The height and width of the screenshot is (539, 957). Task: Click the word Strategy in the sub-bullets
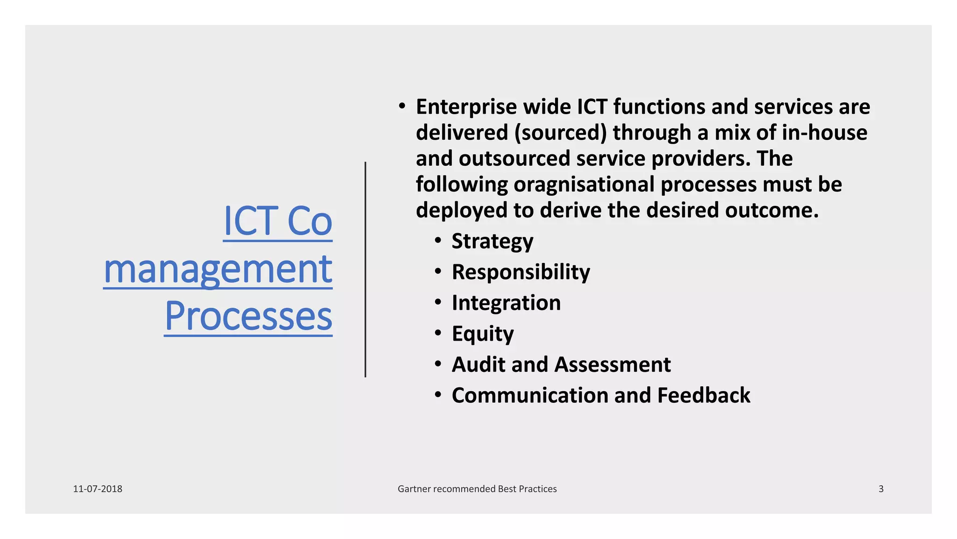point(492,241)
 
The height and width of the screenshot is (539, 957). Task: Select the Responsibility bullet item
point(521,272)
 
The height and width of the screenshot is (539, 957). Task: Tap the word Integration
point(506,303)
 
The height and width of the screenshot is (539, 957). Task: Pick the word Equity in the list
point(483,334)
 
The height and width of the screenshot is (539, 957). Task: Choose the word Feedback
point(703,395)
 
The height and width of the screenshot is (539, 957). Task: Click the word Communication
point(529,395)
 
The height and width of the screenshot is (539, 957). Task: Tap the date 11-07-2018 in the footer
point(98,489)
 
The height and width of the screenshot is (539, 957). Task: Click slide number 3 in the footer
point(881,489)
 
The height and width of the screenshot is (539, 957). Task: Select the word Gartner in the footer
point(414,489)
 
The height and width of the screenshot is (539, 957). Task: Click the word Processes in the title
point(248,316)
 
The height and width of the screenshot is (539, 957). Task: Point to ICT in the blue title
point(251,221)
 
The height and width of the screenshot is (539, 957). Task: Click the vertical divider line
point(365,269)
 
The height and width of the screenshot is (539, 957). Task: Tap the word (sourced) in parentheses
point(560,133)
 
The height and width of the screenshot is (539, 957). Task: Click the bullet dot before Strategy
point(438,241)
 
